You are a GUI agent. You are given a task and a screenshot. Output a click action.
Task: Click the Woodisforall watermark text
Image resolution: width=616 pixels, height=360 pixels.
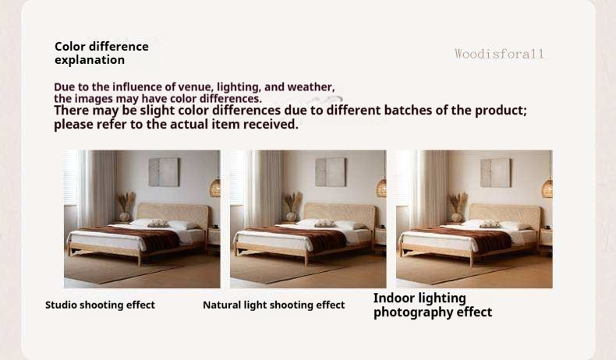499,54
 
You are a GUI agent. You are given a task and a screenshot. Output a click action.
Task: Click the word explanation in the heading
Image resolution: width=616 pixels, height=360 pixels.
90,60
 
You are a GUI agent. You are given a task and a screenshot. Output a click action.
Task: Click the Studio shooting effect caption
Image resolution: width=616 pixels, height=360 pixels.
100,305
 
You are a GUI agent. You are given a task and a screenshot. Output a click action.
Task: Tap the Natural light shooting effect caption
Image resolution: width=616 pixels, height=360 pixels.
274,305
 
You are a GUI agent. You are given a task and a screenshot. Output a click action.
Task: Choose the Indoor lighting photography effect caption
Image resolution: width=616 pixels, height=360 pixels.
433,305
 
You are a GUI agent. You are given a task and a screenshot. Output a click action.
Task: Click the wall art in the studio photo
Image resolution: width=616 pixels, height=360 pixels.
164,172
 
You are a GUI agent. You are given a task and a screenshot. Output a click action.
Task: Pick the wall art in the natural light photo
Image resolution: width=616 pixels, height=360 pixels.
331,172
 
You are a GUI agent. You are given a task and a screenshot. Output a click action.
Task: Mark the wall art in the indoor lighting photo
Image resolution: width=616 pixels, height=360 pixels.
496,173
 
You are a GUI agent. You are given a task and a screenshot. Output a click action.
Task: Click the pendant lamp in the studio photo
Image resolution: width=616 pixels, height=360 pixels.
215,188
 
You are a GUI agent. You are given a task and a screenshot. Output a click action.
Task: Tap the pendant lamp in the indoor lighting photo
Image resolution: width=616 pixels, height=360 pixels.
547,188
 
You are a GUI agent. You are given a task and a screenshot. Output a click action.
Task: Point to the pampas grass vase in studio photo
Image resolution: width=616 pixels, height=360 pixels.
126,206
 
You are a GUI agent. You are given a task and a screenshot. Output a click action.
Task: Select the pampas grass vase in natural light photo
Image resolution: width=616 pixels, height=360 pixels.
292,206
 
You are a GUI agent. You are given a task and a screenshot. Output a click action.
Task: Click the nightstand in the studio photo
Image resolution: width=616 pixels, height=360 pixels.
214,237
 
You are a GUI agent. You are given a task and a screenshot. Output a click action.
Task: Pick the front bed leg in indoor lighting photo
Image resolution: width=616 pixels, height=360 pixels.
472,260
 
